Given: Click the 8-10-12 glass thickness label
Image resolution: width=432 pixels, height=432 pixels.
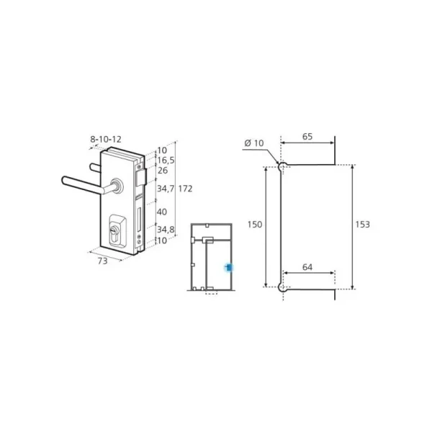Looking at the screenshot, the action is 106,140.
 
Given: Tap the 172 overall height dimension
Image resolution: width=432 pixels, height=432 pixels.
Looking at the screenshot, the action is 185,189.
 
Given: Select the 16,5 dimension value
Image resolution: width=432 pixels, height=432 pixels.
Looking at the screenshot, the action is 166,161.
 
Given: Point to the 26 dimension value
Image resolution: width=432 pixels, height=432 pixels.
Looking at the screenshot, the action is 163,171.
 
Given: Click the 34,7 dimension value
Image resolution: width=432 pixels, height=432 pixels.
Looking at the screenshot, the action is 166,189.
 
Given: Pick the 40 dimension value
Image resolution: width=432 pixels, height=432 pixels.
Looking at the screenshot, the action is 162,212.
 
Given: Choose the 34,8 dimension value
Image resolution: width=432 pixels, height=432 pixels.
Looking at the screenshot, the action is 166,229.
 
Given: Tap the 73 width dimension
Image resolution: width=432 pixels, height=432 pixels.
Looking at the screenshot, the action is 102,261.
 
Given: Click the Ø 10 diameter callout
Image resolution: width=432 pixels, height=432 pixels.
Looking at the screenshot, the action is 254,143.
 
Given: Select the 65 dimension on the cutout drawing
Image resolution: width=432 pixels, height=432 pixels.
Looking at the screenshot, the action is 307,137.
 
